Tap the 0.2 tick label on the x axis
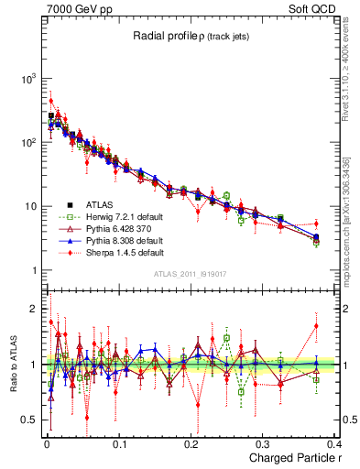pyautogui.click(x=191, y=444)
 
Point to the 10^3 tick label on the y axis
pyautogui.click(x=28, y=79)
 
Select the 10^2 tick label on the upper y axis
pyautogui.click(x=28, y=143)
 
